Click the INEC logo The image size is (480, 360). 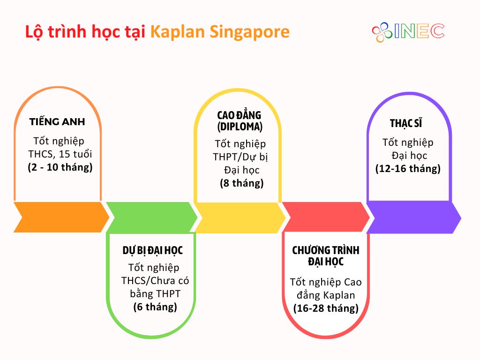pyautogui.click(x=408, y=32)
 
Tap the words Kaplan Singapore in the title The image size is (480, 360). pyautogui.click(x=220, y=32)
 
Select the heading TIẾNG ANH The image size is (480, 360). pyautogui.click(x=57, y=122)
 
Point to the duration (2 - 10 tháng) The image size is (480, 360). pyautogui.click(x=60, y=167)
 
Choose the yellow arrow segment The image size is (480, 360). pyautogui.click(x=240, y=217)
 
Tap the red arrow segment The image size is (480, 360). pyautogui.click(x=326, y=217)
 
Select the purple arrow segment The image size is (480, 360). pyautogui.click(x=414, y=217)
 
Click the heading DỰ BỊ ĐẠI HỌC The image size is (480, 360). pyautogui.click(x=152, y=250)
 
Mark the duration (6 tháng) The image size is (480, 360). pyautogui.click(x=155, y=307)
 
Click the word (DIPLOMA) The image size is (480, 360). pyautogui.click(x=240, y=127)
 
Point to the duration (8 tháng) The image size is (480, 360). pyautogui.click(x=241, y=183)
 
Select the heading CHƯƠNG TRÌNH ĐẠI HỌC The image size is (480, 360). pyautogui.click(x=326, y=256)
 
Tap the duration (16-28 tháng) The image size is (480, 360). pyautogui.click(x=326, y=308)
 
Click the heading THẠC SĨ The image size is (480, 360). pyautogui.click(x=406, y=123)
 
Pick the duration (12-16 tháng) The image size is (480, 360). pyautogui.click(x=408, y=169)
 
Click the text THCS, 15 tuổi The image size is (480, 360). pyautogui.click(x=60, y=154)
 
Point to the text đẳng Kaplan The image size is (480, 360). pyautogui.click(x=326, y=295)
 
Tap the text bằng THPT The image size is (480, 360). pyautogui.click(x=155, y=294)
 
